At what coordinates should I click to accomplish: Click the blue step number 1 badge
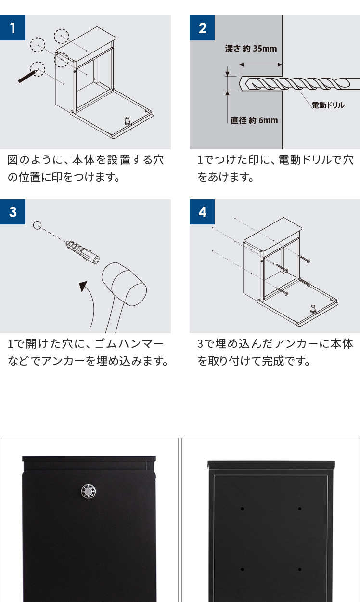click(x=13, y=28)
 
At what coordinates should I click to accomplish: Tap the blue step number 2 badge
click(x=202, y=28)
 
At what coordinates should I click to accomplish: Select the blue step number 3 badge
click(x=13, y=212)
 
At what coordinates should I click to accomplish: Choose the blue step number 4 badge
click(x=202, y=212)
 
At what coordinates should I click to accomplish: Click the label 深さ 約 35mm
click(x=251, y=49)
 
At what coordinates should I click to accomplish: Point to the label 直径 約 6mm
click(x=254, y=120)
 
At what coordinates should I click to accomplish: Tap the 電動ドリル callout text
click(x=328, y=105)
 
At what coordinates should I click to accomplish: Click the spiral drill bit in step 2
click(x=299, y=83)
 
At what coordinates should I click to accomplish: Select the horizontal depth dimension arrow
click(x=260, y=65)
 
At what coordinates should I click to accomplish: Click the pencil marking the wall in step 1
click(x=27, y=76)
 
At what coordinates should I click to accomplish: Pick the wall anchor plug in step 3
click(x=82, y=251)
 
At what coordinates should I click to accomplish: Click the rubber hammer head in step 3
click(x=124, y=284)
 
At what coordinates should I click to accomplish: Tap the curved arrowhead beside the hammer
click(x=84, y=286)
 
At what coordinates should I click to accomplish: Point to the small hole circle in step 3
click(x=38, y=225)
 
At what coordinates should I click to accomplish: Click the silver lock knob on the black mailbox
click(x=89, y=491)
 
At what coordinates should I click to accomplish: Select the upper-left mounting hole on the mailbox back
click(x=243, y=509)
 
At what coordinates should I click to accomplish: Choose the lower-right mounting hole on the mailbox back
click(x=300, y=569)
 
